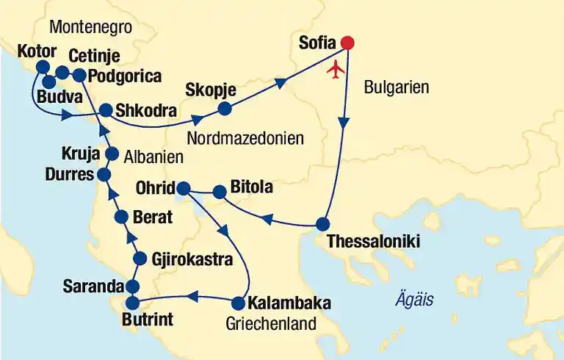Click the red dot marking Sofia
click(347, 43)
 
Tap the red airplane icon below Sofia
click(337, 70)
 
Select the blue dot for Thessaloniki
click(322, 224)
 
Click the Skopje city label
click(211, 90)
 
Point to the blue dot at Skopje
click(225, 109)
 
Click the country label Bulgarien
click(397, 88)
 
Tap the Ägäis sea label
click(413, 300)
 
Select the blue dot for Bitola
click(219, 192)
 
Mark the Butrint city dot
click(132, 302)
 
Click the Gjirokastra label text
click(192, 259)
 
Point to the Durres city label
click(69, 175)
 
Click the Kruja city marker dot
click(112, 154)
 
